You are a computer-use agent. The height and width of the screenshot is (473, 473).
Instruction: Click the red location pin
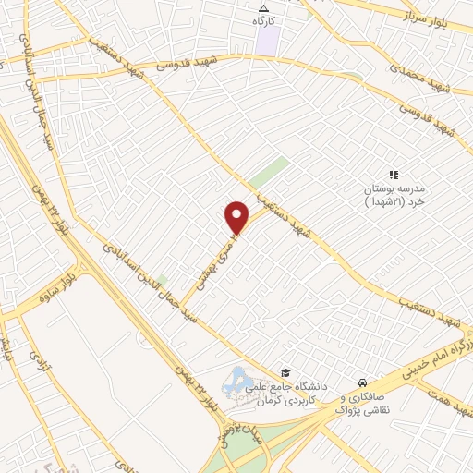[x=237, y=217]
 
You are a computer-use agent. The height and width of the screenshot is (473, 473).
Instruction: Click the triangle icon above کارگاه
[x=263, y=7]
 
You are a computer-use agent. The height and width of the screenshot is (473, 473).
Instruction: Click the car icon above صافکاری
[x=363, y=382]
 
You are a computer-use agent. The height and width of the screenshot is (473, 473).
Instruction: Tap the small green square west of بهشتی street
[x=162, y=279]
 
